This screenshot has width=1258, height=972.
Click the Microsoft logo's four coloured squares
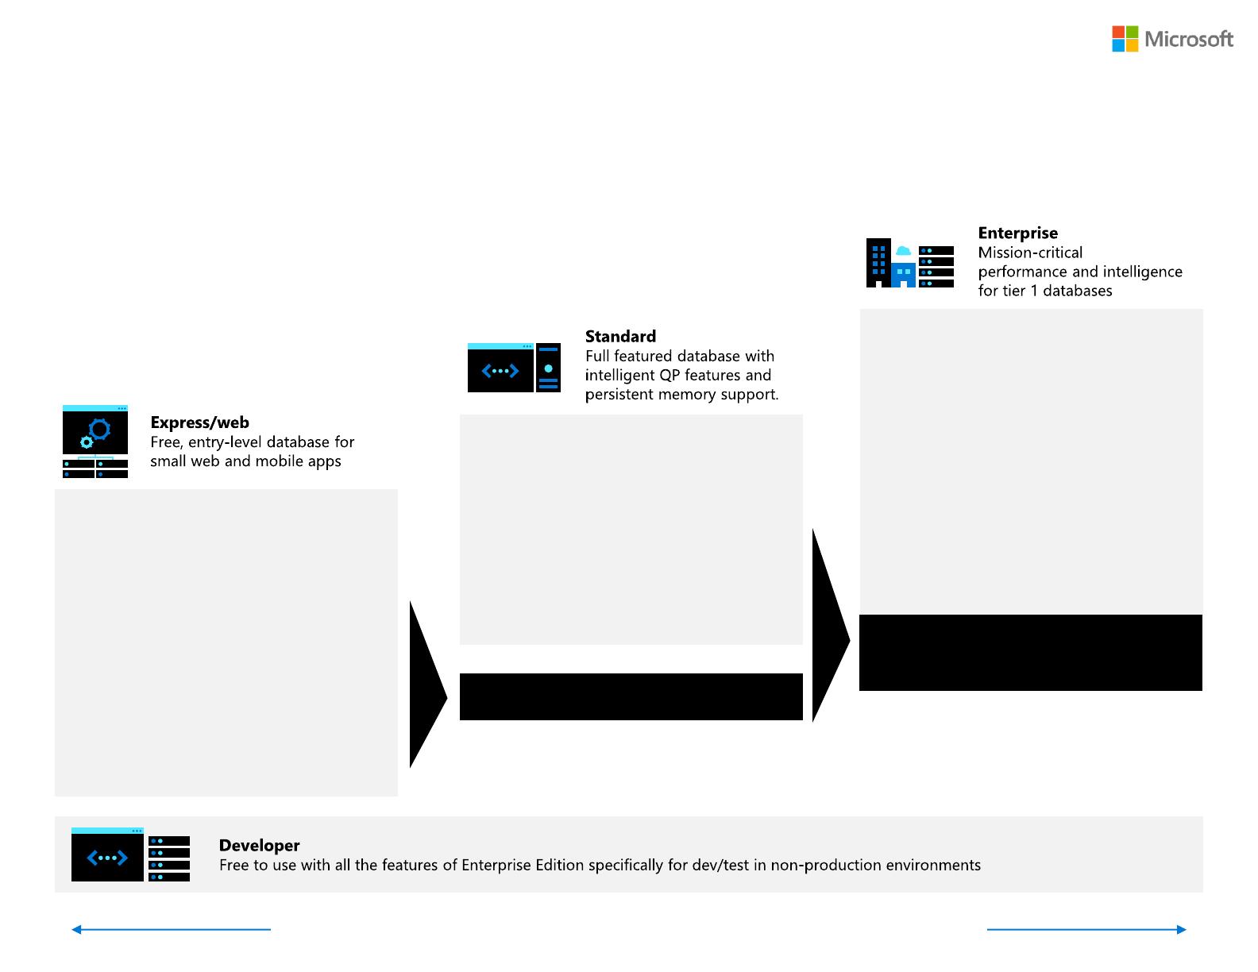tap(1125, 39)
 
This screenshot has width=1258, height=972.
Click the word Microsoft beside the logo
tap(1189, 39)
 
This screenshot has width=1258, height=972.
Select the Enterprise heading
tap(1017, 233)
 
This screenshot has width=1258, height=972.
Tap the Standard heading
tap(620, 336)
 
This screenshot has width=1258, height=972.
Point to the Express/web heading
tap(199, 422)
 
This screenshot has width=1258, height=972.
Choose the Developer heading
tap(259, 845)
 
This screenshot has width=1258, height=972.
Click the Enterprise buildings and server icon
tap(909, 263)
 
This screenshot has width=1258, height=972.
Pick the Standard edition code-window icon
tap(514, 368)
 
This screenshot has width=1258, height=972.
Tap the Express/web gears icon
tap(95, 442)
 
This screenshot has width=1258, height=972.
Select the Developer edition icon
tap(130, 854)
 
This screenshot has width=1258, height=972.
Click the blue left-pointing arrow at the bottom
tap(171, 929)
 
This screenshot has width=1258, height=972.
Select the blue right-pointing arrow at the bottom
tap(1086, 929)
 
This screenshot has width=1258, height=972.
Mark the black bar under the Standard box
tap(631, 696)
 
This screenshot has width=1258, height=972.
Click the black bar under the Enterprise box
tap(1030, 652)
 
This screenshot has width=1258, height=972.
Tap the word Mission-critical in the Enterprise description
tap(1030, 253)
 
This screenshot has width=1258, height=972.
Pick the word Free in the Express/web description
tap(166, 442)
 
